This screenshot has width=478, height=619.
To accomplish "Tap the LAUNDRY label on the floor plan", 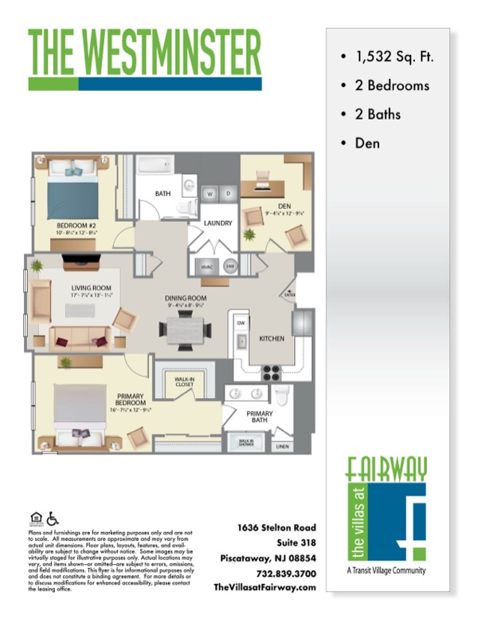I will coord(217,223).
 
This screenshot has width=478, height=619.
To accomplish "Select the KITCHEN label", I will coord(272,339).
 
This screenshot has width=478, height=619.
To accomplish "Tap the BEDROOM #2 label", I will coord(74,226).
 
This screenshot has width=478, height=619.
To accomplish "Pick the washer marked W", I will coord(211,194).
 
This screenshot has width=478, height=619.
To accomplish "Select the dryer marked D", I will coord(228,194).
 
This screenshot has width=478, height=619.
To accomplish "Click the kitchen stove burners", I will coord(272,371).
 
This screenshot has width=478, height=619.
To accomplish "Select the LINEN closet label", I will coord(281,446).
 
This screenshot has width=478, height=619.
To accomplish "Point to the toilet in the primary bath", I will coord(282,396).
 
